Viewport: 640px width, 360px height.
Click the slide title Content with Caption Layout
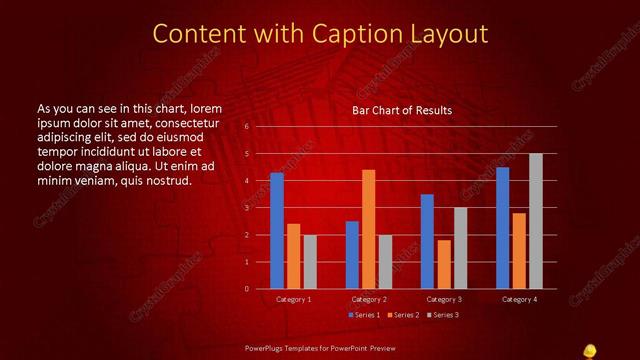click(320, 33)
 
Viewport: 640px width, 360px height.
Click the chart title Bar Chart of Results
click(401, 110)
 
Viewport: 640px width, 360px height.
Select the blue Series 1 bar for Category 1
click(277, 230)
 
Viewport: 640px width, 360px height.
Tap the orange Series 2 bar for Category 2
click(368, 229)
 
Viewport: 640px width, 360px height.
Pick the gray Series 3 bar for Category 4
click(535, 221)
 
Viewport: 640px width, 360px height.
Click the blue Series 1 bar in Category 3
click(427, 241)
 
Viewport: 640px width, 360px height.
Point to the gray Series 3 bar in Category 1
click(309, 261)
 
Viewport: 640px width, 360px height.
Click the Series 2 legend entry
click(404, 315)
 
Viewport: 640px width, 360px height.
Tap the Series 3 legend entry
click(443, 315)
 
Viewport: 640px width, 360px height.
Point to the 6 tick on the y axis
click(246, 127)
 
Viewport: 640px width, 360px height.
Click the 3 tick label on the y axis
click(246, 208)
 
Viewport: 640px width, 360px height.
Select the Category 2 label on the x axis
click(368, 299)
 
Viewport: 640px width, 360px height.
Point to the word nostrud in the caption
click(164, 180)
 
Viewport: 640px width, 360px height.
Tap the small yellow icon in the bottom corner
click(590, 349)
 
